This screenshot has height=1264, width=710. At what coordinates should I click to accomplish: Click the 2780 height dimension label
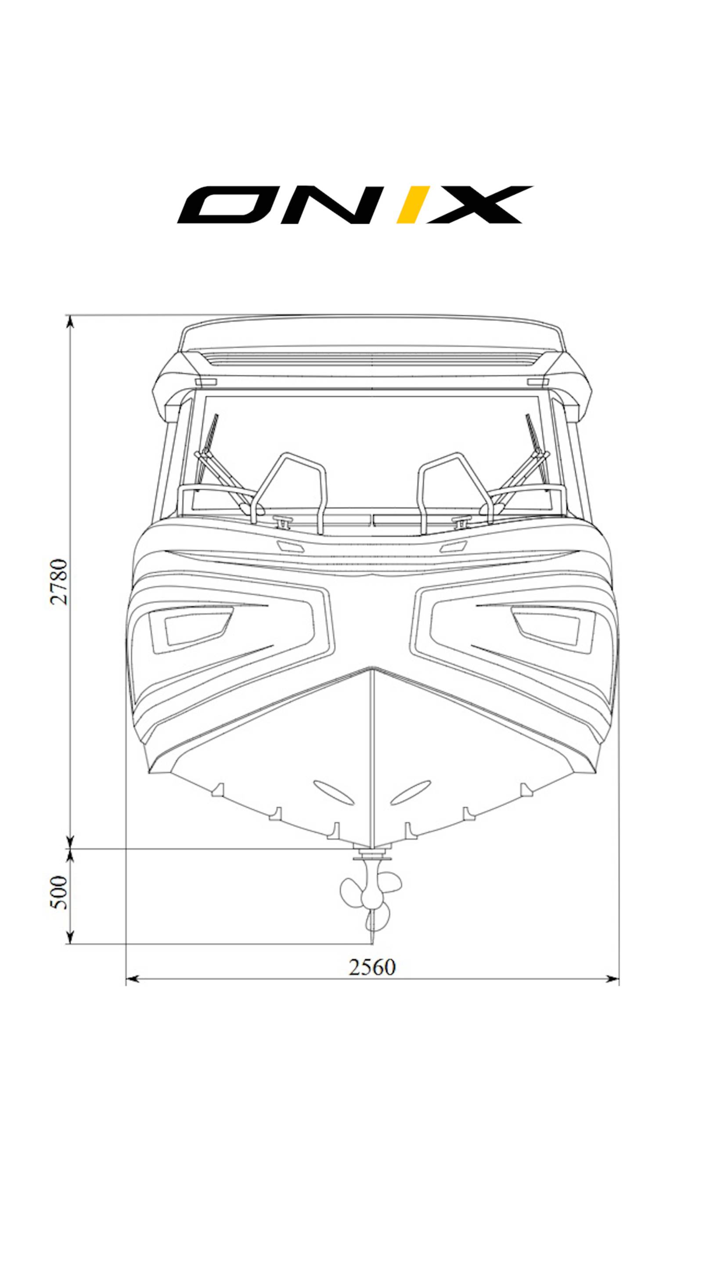coord(59,581)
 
